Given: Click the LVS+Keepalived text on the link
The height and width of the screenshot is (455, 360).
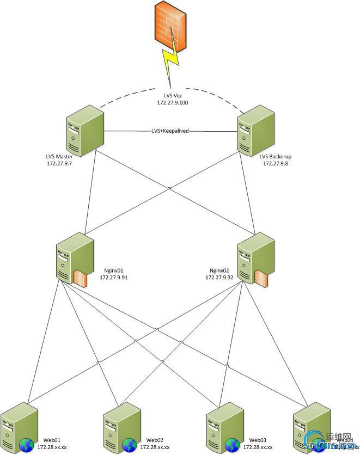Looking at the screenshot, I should (170, 131).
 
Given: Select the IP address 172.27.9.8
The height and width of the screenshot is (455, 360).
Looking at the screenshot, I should (275, 163).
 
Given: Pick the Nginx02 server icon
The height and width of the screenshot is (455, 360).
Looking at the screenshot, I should (255, 257).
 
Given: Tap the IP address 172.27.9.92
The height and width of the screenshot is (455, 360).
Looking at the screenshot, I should (219, 277).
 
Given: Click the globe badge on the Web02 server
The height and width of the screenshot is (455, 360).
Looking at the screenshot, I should (130, 446).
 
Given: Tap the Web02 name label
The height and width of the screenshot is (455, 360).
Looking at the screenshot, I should (155, 440).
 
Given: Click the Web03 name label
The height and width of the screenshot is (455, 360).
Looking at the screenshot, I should (258, 440).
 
